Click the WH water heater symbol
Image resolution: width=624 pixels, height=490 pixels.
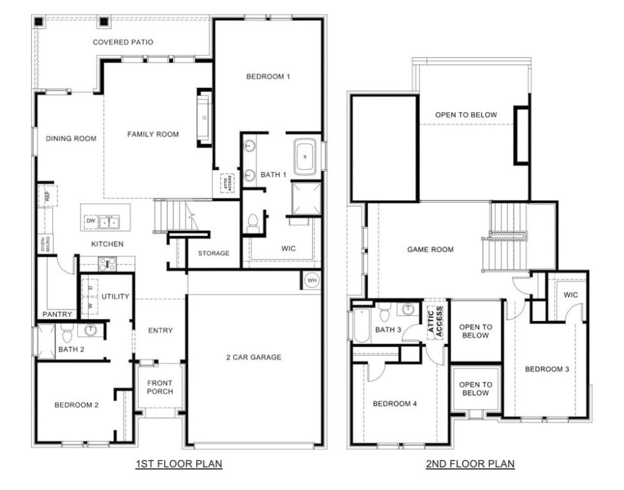312,280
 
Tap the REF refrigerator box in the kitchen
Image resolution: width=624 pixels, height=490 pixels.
47,195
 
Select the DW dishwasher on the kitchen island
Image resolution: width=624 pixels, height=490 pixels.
91,221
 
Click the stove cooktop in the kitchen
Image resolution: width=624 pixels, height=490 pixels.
107,263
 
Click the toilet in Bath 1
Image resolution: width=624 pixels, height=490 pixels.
253,222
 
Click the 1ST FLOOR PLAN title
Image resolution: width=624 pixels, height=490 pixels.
179,464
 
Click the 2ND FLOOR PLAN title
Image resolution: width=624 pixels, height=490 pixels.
470,464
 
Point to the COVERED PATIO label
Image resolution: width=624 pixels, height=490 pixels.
123,42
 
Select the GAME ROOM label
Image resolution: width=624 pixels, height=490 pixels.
431,249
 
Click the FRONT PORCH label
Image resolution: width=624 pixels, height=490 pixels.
160,387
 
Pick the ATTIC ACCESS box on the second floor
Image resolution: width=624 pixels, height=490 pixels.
436,322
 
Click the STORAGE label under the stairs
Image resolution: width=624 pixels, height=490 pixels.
213,253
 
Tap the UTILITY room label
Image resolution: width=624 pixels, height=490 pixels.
115,296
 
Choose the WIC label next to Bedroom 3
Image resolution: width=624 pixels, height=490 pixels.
570,295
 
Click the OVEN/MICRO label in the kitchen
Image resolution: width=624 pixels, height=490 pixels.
45,244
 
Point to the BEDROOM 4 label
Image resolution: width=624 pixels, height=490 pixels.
395,403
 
